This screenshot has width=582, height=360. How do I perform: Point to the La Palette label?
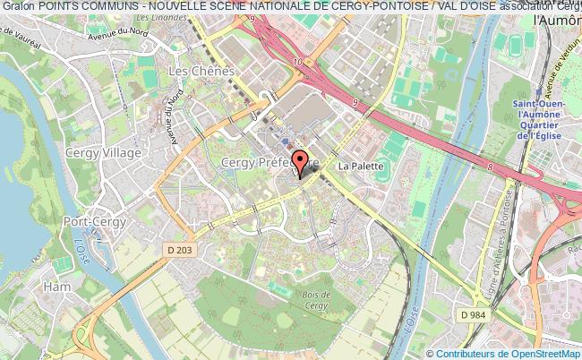pos(361,166)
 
